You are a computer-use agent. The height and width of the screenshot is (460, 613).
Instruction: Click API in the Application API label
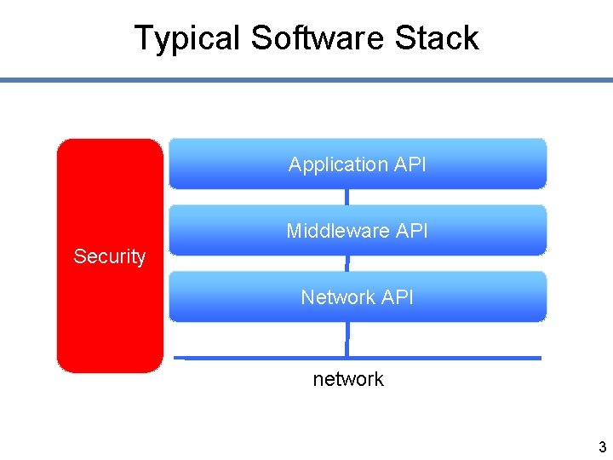[x=410, y=164]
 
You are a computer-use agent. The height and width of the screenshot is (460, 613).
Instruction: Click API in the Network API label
[x=398, y=297]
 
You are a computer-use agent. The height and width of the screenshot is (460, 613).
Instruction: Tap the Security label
[x=109, y=256]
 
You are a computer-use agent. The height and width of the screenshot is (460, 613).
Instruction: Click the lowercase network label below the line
[x=348, y=379]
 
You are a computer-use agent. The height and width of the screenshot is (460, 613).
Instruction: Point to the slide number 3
[x=602, y=447]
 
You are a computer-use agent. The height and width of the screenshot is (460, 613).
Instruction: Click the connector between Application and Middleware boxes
[x=347, y=197]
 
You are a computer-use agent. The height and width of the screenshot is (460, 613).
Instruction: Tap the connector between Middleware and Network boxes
[x=347, y=263]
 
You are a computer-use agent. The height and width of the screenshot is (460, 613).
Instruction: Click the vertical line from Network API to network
[x=347, y=338]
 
